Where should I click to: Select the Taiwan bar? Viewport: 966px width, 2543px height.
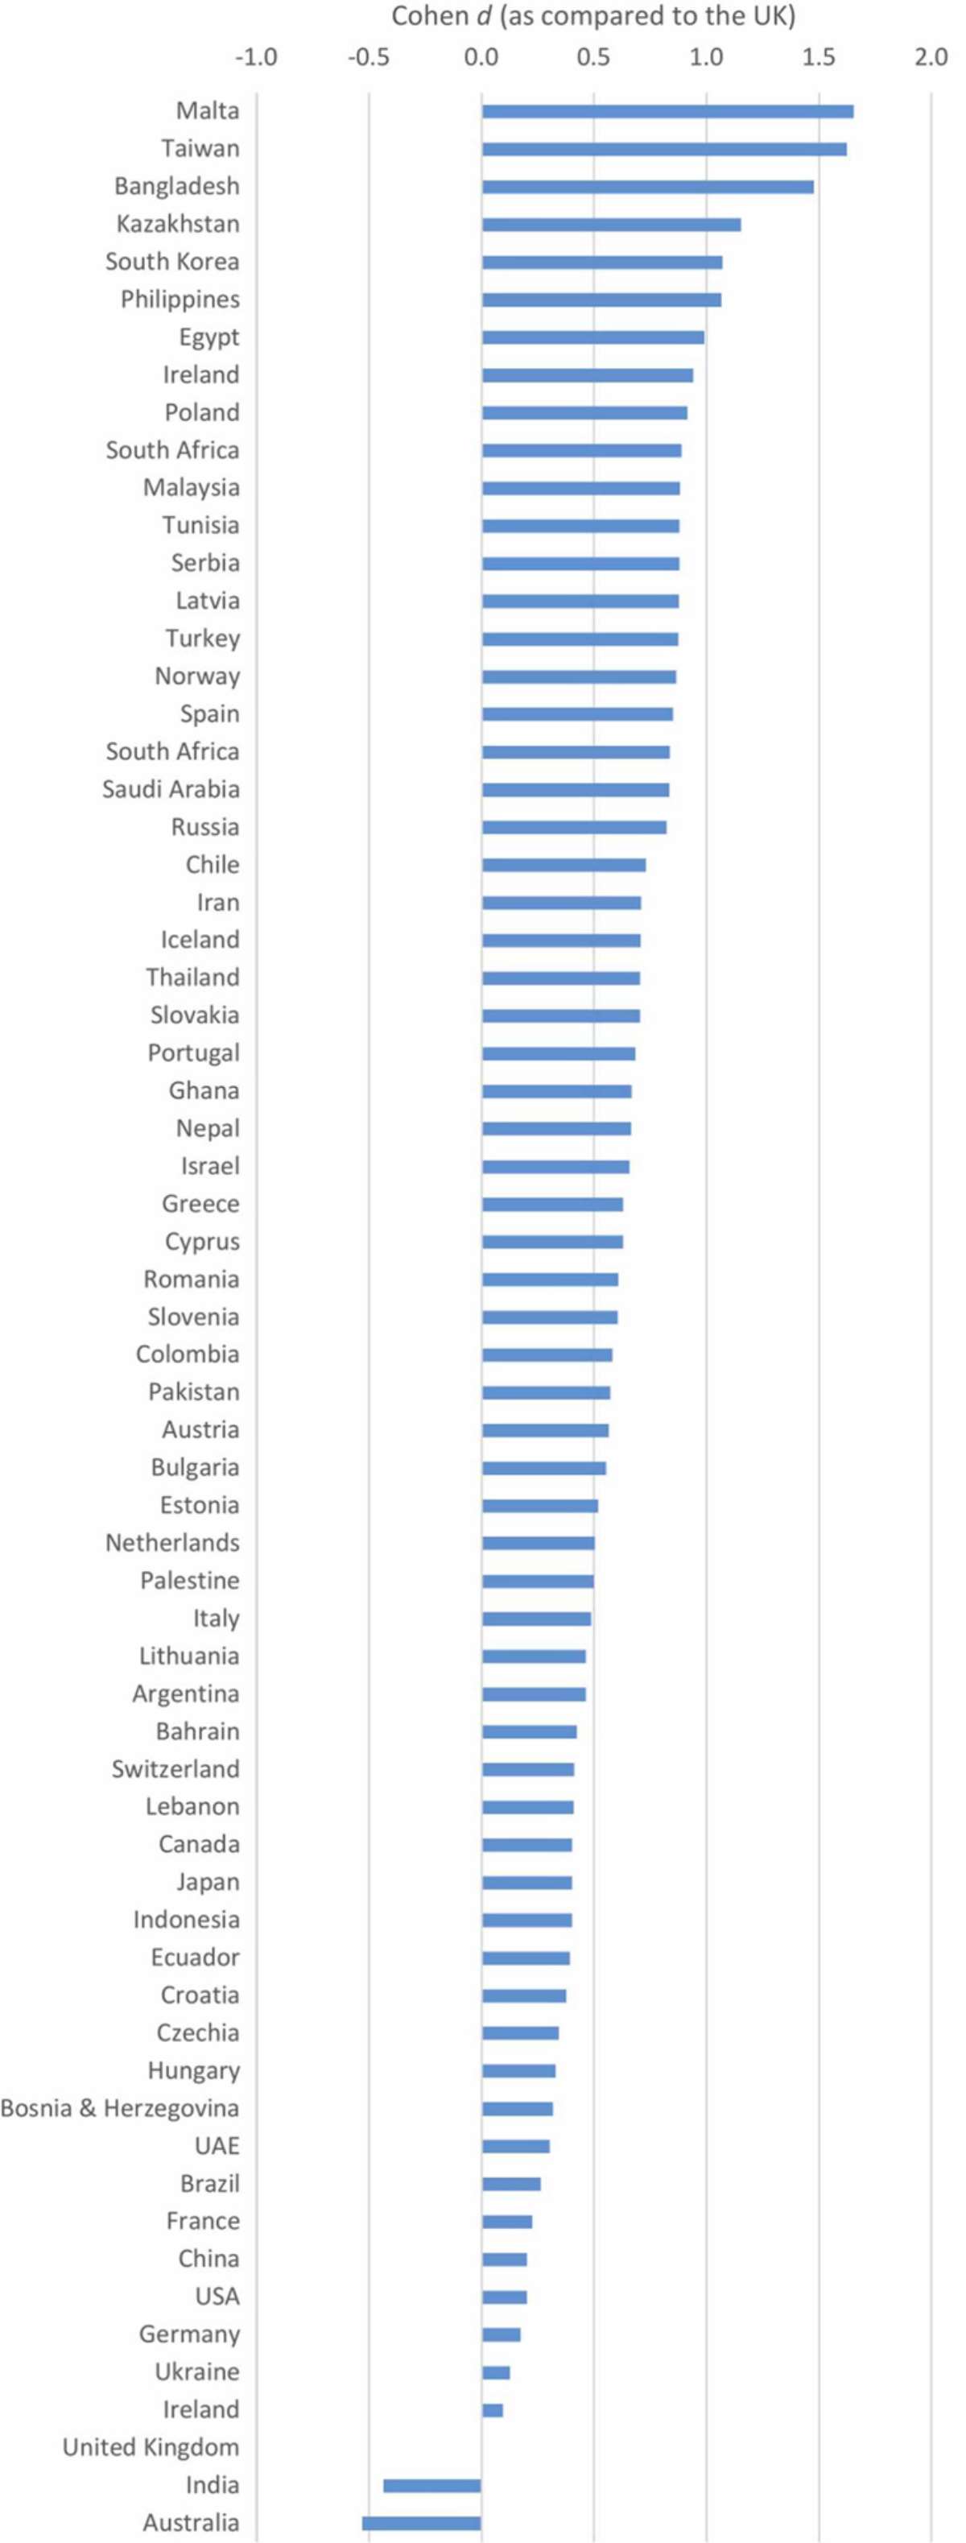(x=664, y=149)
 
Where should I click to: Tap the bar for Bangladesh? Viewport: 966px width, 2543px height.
(x=647, y=187)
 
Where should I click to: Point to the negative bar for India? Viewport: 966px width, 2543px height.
(x=432, y=2485)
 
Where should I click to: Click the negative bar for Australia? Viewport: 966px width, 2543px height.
(x=421, y=2522)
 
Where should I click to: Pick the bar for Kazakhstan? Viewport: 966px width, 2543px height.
(x=611, y=224)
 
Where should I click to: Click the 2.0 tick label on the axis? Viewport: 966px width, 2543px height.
(x=931, y=57)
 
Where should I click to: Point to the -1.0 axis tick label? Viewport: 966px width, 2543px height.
(x=255, y=57)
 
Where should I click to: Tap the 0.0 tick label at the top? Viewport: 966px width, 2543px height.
(x=481, y=57)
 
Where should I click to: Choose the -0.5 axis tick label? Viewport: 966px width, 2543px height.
(x=368, y=57)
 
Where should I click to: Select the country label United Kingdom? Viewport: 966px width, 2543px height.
(x=151, y=2447)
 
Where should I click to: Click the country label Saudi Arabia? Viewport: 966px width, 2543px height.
(x=171, y=789)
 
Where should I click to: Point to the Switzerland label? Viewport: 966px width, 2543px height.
(x=175, y=1768)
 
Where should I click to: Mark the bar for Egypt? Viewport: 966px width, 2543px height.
(x=593, y=337)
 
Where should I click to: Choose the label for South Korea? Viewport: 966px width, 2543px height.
(x=173, y=262)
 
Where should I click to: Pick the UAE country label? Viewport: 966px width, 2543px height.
(x=217, y=2145)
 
